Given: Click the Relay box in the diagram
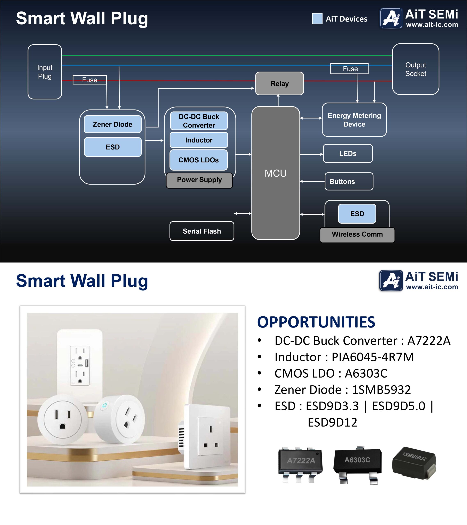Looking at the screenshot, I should tap(279, 83).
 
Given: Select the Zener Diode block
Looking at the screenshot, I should tap(113, 124).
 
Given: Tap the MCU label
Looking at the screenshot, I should tap(276, 173).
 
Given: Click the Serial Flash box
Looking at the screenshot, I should tap(202, 231).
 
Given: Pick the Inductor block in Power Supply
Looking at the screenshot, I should tap(199, 140).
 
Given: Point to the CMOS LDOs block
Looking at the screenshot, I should tap(198, 160).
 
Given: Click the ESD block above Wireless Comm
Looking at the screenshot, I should tap(357, 214).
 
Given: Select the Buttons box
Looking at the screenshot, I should tap(349, 181).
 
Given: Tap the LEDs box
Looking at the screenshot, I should tap(348, 154).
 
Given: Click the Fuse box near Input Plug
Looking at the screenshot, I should tap(89, 80).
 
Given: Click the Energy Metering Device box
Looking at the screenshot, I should tap(354, 120).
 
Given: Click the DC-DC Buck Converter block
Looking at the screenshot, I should tap(199, 121).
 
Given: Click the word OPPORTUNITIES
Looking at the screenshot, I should tap(316, 322).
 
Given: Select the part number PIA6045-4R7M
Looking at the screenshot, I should tap(373, 357).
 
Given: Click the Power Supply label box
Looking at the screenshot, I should tap(199, 180).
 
